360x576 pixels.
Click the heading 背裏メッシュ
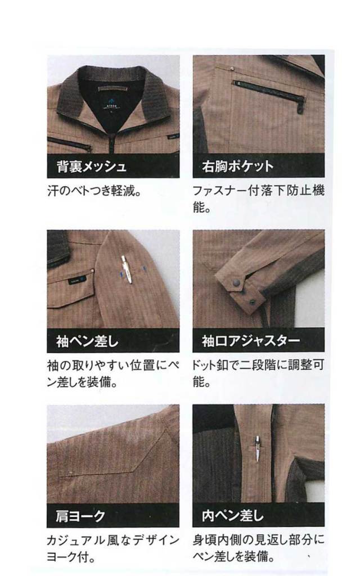click(x=92, y=166)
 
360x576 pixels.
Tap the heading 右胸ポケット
click(x=238, y=166)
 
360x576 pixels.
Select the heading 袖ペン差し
click(x=87, y=341)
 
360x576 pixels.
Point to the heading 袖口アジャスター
click(x=251, y=341)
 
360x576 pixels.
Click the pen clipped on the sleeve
click(x=127, y=269)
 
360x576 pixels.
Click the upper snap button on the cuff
click(x=236, y=283)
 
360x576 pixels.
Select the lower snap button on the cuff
click(x=253, y=302)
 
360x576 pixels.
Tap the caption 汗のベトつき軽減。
click(x=94, y=191)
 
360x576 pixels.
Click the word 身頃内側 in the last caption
click(x=218, y=541)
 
